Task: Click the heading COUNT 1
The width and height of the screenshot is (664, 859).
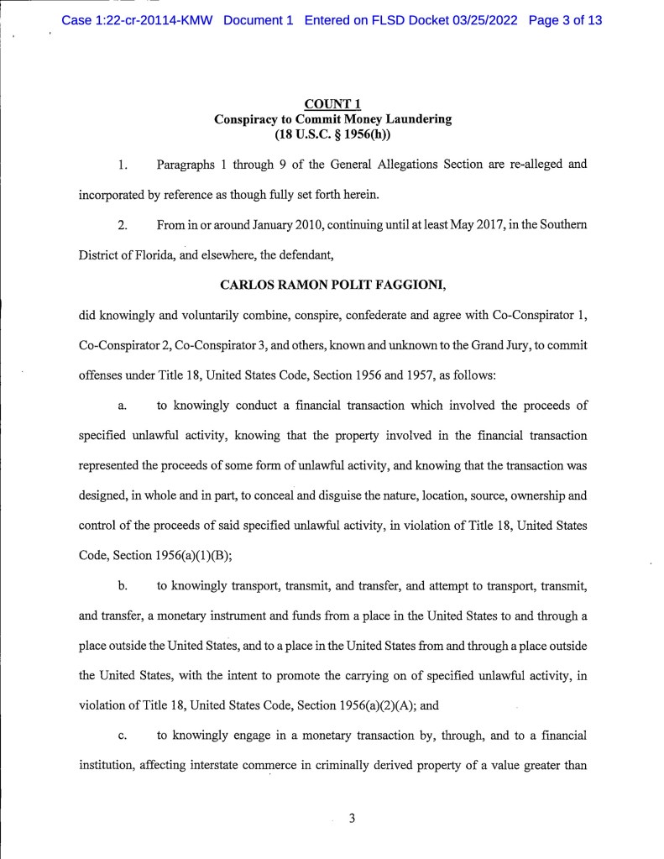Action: [333, 105]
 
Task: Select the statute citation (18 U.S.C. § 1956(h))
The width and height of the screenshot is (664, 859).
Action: [333, 134]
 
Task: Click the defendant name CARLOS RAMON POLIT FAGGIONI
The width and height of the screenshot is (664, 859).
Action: [332, 285]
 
